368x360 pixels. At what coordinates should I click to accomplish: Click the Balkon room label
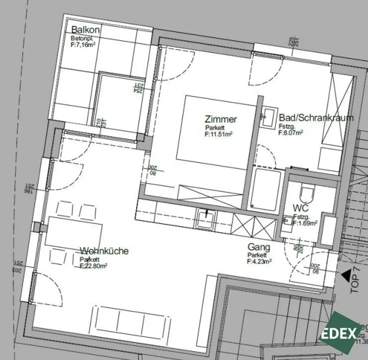pyautogui.click(x=85, y=29)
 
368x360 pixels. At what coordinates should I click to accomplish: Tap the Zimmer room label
pyautogui.click(x=221, y=119)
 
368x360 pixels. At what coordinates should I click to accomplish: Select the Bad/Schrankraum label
pyautogui.click(x=316, y=118)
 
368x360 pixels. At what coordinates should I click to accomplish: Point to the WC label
pyautogui.click(x=300, y=208)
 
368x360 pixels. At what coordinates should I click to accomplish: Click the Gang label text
pyautogui.click(x=259, y=247)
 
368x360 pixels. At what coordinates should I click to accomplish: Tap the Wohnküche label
pyautogui.click(x=104, y=251)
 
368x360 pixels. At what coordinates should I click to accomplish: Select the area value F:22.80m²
pyautogui.click(x=93, y=266)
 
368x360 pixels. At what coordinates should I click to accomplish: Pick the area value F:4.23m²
pyautogui.click(x=259, y=262)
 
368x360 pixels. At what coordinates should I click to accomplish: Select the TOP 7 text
pyautogui.click(x=355, y=283)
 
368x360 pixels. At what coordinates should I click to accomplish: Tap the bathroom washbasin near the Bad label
pyautogui.click(x=268, y=117)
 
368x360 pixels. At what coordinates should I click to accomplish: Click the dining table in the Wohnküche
pyautogui.click(x=74, y=231)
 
